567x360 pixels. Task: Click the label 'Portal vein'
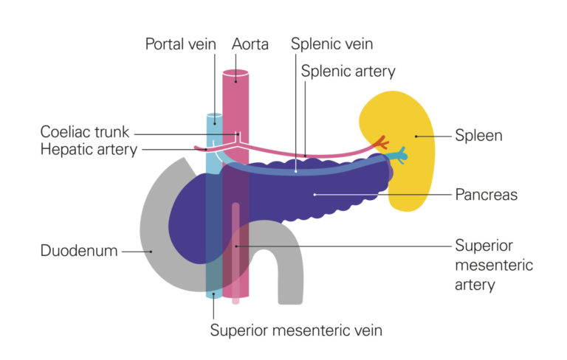pyautogui.click(x=180, y=44)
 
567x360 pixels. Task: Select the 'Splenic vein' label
pyautogui.click(x=331, y=44)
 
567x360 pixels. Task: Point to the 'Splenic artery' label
pyautogui.click(x=348, y=72)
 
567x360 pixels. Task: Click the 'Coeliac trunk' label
pyautogui.click(x=85, y=133)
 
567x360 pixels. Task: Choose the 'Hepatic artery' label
pyautogui.click(x=89, y=150)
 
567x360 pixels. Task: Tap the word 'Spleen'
pyautogui.click(x=478, y=136)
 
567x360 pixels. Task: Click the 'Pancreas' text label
pyautogui.click(x=486, y=195)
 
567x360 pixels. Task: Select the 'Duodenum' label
pyautogui.click(x=79, y=251)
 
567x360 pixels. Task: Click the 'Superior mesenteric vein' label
pyautogui.click(x=296, y=329)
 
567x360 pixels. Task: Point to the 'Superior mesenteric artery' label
pyautogui.click(x=493, y=264)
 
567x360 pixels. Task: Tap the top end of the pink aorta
pyautogui.click(x=236, y=75)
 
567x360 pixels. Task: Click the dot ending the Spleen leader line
pyautogui.click(x=416, y=136)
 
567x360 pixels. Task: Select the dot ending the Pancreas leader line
pyautogui.click(x=315, y=195)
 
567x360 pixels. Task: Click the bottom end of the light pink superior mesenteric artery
pyautogui.click(x=236, y=300)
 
